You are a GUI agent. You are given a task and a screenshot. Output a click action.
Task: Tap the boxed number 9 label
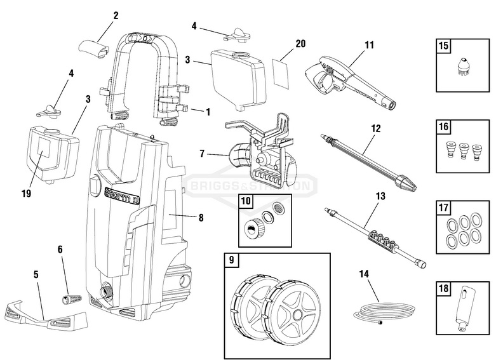pos(232,260)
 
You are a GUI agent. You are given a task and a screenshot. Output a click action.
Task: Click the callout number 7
pos(202,153)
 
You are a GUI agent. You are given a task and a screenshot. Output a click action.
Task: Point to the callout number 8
pos(201,217)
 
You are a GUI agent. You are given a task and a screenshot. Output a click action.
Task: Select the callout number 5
pos(36,274)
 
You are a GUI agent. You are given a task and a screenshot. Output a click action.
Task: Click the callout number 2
pos(116,15)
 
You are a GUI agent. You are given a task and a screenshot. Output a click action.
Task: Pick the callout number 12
pos(376,128)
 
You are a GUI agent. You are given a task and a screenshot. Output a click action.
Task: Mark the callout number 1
pos(207,111)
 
